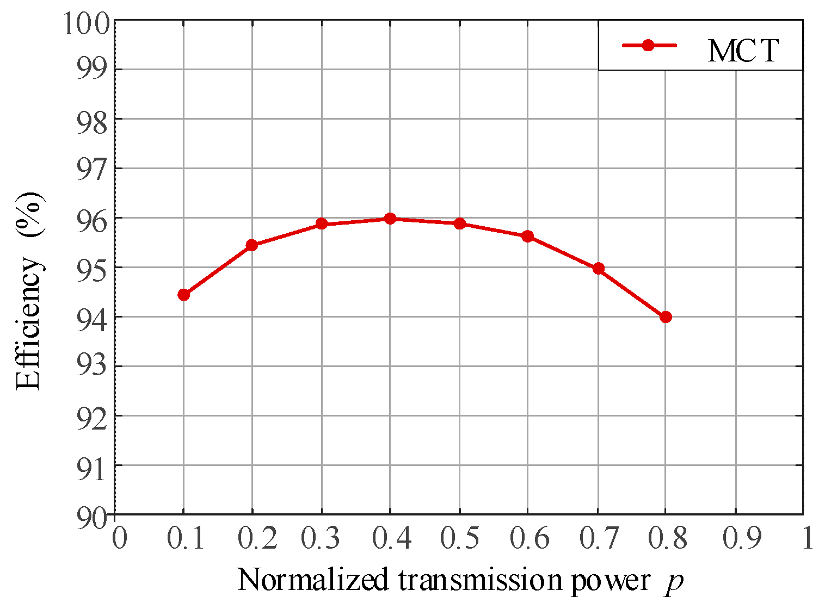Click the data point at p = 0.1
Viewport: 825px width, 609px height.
(183, 295)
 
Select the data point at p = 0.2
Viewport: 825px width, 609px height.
(251, 245)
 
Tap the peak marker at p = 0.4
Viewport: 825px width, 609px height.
(390, 219)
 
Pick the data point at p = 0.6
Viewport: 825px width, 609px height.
(527, 236)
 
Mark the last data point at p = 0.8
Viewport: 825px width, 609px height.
(665, 317)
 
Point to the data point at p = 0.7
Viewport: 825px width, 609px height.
(599, 268)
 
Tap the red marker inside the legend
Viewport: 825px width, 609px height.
(648, 46)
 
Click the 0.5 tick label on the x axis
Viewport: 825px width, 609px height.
(459, 539)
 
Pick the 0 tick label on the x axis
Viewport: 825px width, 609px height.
(119, 539)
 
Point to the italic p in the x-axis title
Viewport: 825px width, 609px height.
(674, 582)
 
